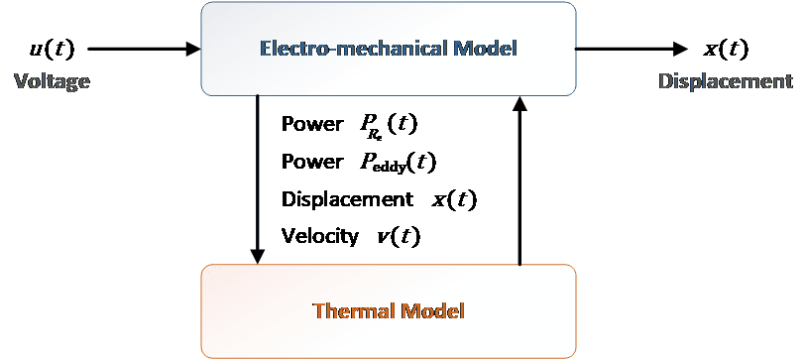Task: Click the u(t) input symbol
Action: pos(52,50)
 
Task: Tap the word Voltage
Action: pos(52,81)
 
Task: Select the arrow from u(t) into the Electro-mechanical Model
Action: pos(144,50)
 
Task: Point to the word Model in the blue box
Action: pos(486,49)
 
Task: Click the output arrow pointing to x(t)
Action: pos(632,50)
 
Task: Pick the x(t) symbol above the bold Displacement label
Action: pos(726,50)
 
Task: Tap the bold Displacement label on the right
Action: pos(726,81)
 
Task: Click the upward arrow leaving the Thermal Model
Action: pos(520,180)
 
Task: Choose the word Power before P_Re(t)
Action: pos(312,124)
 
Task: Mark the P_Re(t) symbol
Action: pos(388,126)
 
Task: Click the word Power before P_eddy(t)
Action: pos(312,162)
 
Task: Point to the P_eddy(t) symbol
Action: pos(398,164)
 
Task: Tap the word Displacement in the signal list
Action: pos(347,199)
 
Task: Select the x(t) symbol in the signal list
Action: pos(454,200)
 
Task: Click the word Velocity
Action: pos(320,237)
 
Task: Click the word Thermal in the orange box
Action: pos(355,311)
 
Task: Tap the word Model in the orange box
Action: pos(433,311)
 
